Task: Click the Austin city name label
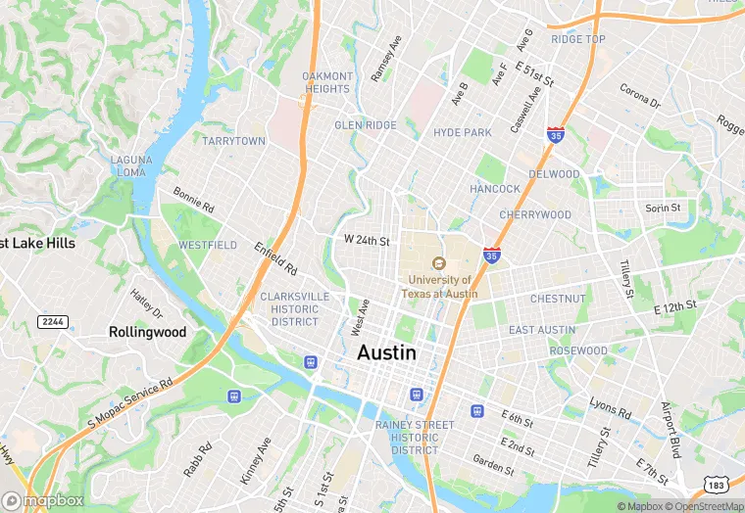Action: click(386, 352)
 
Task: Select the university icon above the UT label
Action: click(438, 263)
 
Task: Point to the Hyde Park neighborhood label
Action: click(462, 132)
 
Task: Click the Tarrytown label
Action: click(233, 141)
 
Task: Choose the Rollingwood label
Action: click(147, 332)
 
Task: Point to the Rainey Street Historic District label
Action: click(415, 438)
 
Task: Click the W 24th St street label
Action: click(367, 240)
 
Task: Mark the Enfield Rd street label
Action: click(275, 257)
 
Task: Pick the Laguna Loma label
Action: click(129, 165)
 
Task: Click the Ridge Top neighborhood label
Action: click(578, 39)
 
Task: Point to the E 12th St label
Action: click(674, 306)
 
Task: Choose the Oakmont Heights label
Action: click(326, 82)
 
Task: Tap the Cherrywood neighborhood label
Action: click(534, 214)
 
